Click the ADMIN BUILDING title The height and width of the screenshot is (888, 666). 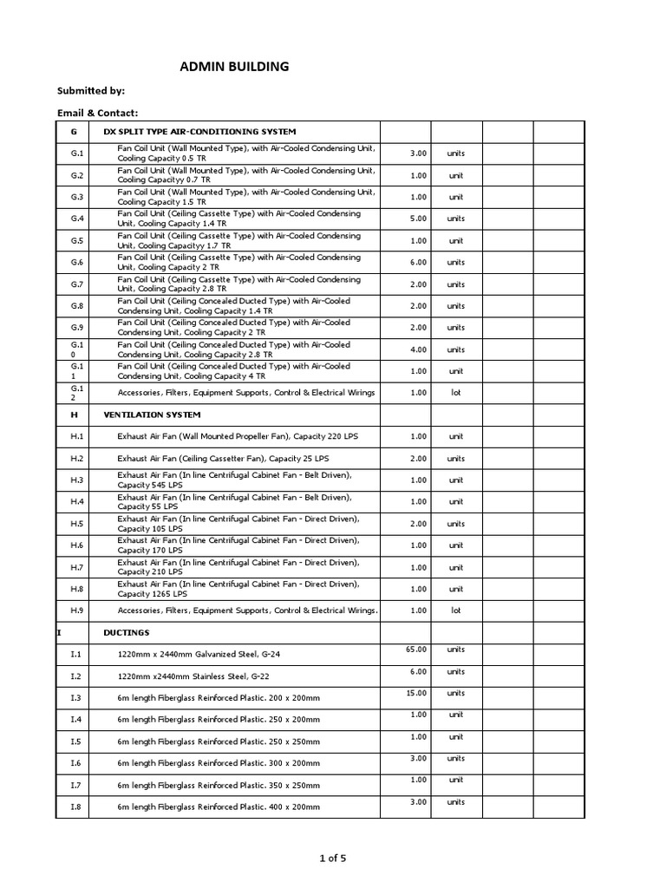234,66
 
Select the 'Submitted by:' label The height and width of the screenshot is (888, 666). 91,90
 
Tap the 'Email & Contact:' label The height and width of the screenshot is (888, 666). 98,113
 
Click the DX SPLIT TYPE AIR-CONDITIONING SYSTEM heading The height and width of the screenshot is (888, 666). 200,131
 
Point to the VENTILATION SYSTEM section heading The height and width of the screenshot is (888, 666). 152,415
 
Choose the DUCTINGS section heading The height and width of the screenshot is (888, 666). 127,632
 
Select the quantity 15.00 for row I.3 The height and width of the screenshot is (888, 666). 417,693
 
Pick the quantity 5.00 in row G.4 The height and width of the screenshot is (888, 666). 418,219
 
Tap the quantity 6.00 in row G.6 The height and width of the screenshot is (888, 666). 418,262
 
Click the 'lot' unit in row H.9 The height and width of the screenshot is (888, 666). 455,610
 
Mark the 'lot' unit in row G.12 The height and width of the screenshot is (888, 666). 455,393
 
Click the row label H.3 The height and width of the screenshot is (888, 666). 77,480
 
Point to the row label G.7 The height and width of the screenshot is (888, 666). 77,284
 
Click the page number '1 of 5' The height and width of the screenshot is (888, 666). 332,859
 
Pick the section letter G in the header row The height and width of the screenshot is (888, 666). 75,131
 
